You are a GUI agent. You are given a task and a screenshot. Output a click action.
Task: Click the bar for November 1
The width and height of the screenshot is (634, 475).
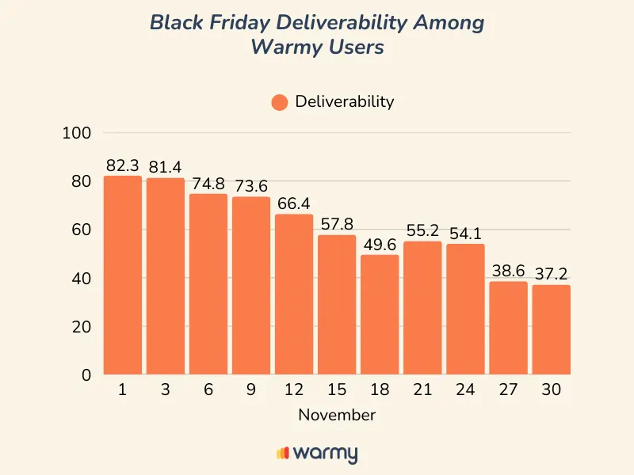click(x=123, y=275)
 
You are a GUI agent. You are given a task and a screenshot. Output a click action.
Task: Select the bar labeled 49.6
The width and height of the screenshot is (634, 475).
click(x=380, y=314)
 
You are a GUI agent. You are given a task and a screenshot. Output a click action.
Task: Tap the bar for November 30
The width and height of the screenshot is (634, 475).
click(x=551, y=329)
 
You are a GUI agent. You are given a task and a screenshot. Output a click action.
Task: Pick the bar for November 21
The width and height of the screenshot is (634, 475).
click(x=422, y=308)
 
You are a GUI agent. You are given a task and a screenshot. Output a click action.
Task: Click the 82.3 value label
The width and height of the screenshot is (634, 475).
click(x=122, y=165)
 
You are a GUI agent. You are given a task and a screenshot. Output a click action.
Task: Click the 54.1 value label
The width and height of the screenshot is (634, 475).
click(x=464, y=234)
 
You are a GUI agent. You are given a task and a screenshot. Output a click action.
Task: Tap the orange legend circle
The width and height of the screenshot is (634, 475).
click(x=279, y=102)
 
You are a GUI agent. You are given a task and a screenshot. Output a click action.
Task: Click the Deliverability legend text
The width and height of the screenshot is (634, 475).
click(x=344, y=101)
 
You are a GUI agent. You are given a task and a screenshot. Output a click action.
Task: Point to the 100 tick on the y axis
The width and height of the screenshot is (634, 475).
click(x=77, y=133)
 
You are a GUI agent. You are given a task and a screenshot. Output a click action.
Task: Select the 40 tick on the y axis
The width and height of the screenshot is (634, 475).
click(x=82, y=279)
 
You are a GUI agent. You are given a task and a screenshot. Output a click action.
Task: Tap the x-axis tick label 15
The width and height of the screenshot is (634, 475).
click(x=337, y=390)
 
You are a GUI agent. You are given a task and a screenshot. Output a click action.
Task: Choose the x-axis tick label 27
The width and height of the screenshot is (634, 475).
click(x=508, y=390)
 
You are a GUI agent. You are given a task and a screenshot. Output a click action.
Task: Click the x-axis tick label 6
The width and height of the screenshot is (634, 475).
click(x=208, y=390)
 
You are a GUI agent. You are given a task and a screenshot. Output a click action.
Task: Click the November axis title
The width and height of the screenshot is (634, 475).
click(x=337, y=415)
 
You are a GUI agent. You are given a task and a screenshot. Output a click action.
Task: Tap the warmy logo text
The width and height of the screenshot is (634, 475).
click(x=325, y=454)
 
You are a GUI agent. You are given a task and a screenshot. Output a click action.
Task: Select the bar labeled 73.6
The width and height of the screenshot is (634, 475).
click(x=251, y=285)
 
